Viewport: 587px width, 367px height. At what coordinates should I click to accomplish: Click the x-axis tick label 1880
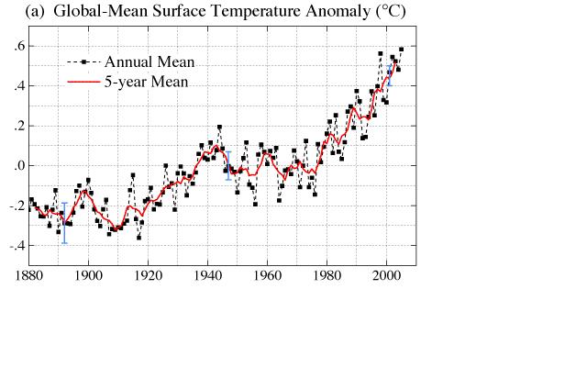click(x=29, y=273)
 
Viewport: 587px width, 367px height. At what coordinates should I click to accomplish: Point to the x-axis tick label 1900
click(x=89, y=273)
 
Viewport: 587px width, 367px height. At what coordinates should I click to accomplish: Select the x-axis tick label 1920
click(x=149, y=273)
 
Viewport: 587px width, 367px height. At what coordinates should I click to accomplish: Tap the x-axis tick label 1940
click(x=208, y=273)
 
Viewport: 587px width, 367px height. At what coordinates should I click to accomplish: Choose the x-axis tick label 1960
click(x=268, y=273)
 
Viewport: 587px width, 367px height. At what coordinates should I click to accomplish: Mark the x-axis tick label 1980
click(x=327, y=273)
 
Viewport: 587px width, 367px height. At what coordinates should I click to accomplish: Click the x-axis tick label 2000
click(x=387, y=273)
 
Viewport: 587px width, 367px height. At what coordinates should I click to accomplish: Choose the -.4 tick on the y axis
click(x=15, y=246)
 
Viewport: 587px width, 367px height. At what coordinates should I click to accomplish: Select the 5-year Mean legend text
click(x=147, y=82)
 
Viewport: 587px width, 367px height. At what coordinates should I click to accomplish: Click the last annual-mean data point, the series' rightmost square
click(x=401, y=50)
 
